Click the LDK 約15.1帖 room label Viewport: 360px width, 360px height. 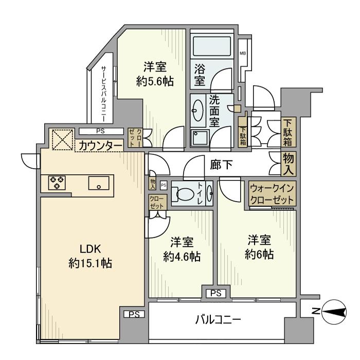[90, 256]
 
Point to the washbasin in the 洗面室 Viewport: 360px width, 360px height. [197, 111]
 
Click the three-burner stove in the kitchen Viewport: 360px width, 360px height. [57, 183]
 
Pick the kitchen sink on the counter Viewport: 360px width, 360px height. [99, 183]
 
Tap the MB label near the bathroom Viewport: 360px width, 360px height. [243, 53]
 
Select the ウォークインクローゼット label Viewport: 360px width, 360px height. [272, 194]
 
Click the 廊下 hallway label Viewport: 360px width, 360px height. [221, 165]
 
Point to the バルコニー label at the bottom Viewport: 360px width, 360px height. [218, 319]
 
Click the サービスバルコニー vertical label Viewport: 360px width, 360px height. [104, 94]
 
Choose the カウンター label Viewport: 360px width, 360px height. [100, 146]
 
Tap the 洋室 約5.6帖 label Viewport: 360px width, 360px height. [155, 74]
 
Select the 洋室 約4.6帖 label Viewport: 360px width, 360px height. [182, 249]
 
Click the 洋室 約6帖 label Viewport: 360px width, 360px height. [259, 247]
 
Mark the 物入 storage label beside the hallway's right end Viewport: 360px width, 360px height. [289, 164]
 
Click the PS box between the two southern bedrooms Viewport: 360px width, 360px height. [216, 293]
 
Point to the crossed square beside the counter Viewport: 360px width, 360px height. [63, 140]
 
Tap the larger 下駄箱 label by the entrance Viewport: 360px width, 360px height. [289, 133]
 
